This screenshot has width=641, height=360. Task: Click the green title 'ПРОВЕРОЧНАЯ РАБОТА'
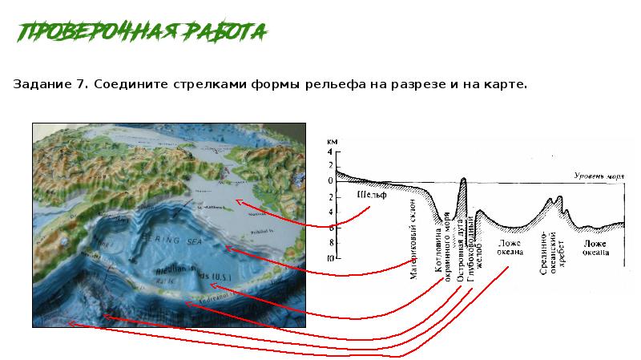(x=142, y=32)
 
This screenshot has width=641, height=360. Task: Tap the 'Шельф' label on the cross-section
(x=371, y=196)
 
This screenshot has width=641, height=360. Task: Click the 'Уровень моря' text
(x=599, y=174)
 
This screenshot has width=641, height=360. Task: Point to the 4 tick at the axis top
(x=329, y=152)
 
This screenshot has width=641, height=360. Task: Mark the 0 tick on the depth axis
(x=329, y=181)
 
